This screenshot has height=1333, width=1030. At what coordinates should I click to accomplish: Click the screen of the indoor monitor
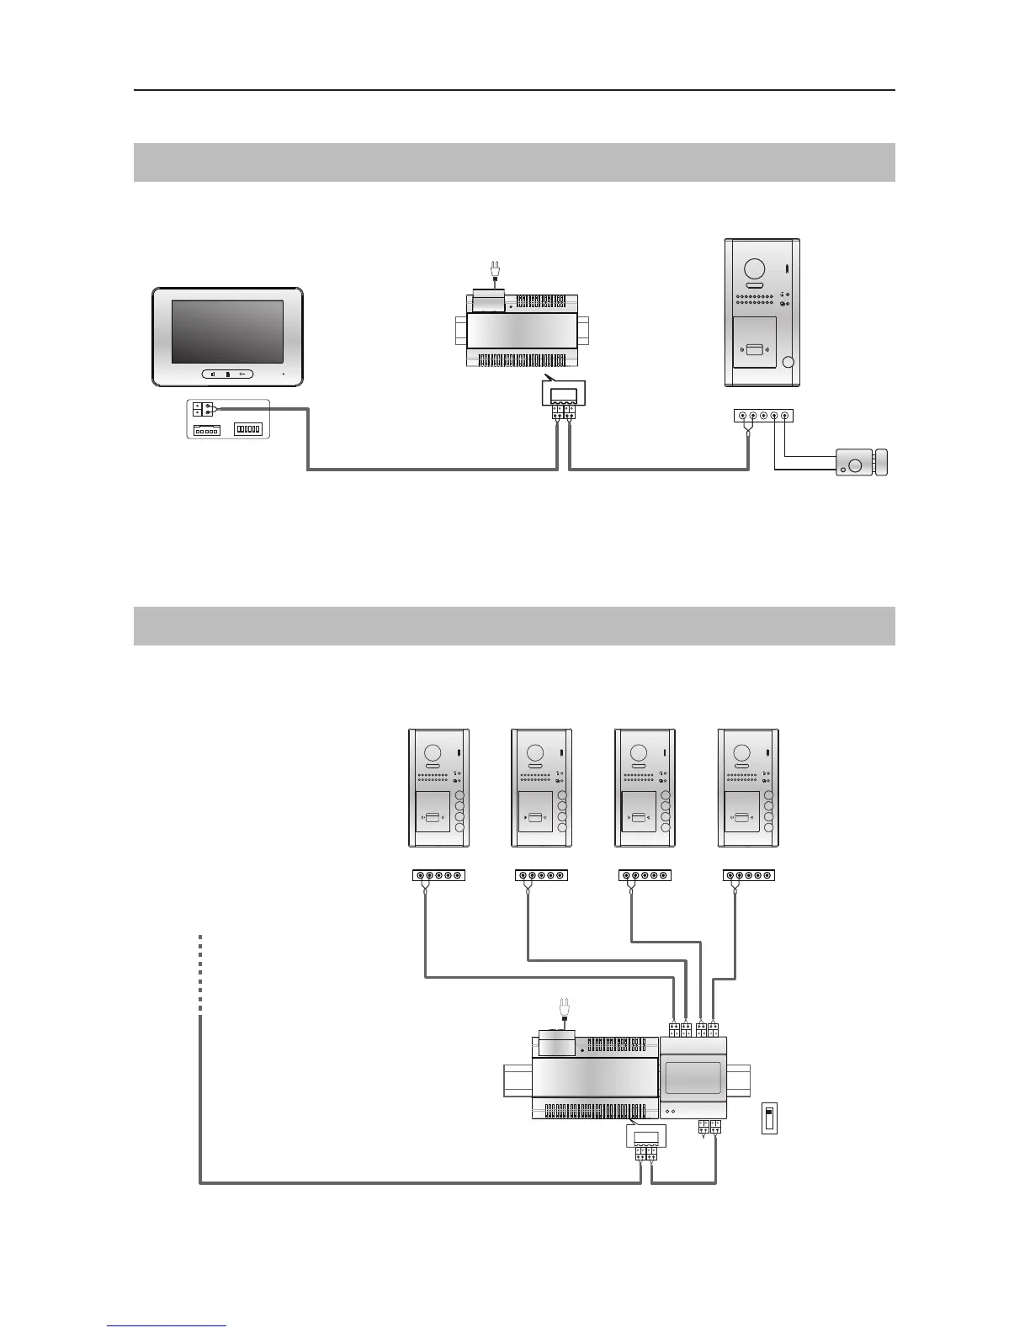tap(227, 332)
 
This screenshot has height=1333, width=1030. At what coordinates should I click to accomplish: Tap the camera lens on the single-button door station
tap(751, 268)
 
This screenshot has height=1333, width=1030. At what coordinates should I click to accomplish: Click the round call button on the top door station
tap(788, 363)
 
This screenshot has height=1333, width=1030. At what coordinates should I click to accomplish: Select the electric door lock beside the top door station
tap(861, 462)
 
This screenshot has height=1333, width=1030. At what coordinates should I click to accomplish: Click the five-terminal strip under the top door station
tap(763, 415)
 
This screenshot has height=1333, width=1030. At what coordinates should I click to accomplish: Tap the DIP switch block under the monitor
tap(249, 429)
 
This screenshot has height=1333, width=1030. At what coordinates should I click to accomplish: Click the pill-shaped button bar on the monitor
tap(227, 374)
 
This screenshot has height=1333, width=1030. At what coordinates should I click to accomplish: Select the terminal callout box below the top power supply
tap(563, 394)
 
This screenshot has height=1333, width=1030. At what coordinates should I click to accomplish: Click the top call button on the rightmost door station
tap(768, 795)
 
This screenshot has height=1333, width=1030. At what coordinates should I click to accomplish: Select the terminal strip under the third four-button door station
tap(645, 875)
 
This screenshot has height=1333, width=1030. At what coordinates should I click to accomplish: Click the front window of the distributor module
tap(693, 1077)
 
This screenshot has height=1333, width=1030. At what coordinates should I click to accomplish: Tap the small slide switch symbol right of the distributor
tap(768, 1118)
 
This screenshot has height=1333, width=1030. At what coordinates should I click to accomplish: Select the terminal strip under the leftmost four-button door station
tap(438, 875)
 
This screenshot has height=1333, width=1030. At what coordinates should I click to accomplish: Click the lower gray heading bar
tap(514, 625)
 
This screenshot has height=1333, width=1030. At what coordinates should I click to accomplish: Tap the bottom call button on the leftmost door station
tap(459, 828)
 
